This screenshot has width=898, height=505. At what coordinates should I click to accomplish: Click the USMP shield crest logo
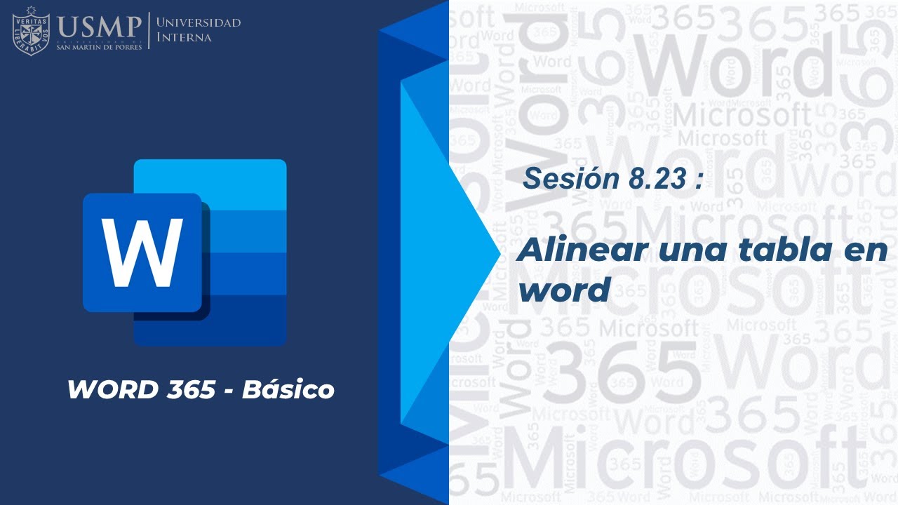31,30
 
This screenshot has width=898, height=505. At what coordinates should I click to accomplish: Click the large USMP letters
100,27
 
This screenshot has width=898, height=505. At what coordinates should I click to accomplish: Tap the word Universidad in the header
199,22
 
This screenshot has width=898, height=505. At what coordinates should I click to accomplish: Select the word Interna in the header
184,37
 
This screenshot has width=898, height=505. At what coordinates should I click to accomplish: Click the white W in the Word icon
142,252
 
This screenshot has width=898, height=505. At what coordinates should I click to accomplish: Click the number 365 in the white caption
191,389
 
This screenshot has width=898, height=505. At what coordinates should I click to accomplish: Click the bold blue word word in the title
563,290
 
